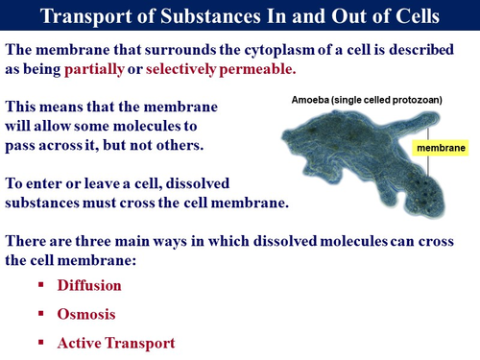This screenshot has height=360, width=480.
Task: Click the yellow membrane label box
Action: pos(439,149)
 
